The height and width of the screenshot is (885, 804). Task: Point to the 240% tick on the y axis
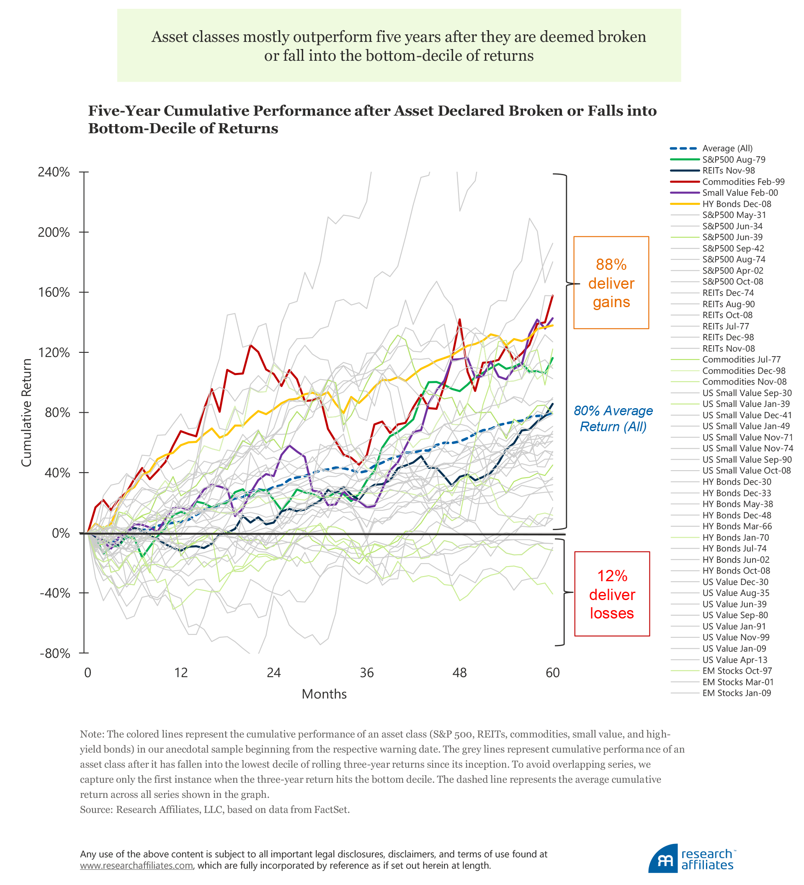coord(54,172)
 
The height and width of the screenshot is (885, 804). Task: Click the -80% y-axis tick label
coord(54,654)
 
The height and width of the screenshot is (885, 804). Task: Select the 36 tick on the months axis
coord(367,673)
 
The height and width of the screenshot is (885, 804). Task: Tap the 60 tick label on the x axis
coord(553,673)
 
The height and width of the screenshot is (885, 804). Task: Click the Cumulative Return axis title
coord(27,413)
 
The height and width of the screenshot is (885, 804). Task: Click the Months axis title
coord(324,694)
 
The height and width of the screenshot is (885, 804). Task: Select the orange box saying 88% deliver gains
coord(611,283)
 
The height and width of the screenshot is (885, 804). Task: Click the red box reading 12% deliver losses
coord(612,594)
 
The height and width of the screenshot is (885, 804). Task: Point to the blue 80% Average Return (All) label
coord(613,419)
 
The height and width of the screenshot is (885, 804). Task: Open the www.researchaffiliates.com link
coord(137,866)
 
